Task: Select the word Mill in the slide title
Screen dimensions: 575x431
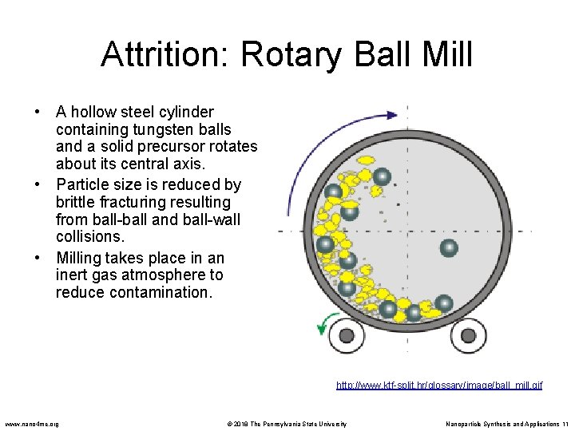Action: pos(446,55)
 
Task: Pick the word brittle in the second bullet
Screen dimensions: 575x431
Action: pos(77,203)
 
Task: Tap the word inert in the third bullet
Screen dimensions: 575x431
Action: pos(72,275)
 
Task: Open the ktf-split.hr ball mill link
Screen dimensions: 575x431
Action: pos(438,386)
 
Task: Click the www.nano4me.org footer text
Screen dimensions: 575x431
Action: pos(32,424)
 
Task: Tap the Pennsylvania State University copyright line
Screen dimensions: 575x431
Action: pos(283,424)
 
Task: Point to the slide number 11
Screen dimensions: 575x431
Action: pos(564,424)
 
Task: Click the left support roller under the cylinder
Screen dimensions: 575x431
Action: pos(347,335)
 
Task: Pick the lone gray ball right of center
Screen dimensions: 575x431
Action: pos(450,248)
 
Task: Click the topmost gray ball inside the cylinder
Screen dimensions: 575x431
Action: pos(383,176)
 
